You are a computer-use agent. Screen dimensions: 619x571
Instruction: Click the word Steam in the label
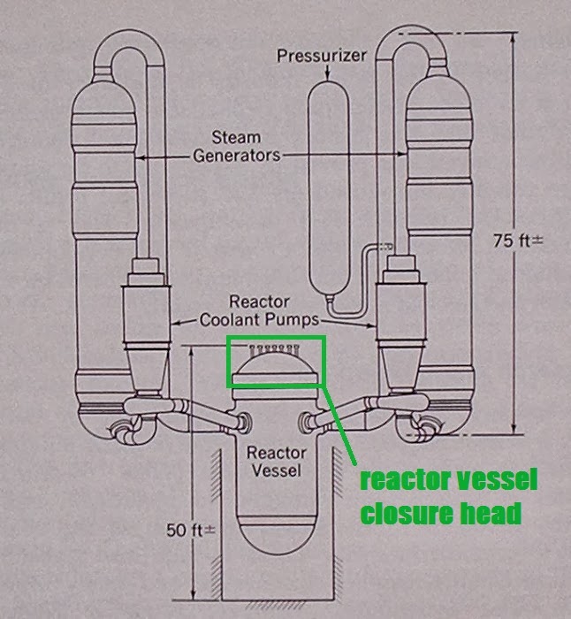pyautogui.click(x=236, y=137)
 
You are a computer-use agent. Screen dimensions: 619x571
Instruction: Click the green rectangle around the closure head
pyautogui.click(x=277, y=338)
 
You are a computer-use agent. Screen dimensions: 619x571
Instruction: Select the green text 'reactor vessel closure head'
pyautogui.click(x=448, y=497)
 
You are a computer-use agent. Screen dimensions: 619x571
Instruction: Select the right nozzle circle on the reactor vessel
pyautogui.click(x=309, y=418)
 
